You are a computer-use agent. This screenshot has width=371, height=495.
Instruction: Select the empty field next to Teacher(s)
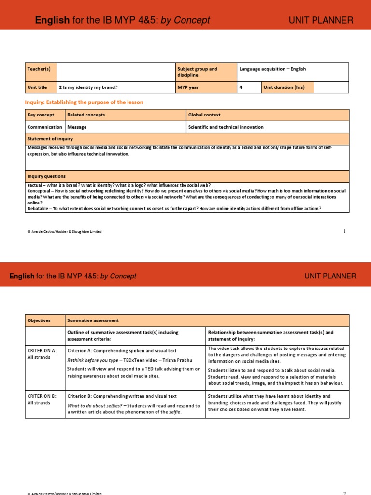click(x=116, y=72)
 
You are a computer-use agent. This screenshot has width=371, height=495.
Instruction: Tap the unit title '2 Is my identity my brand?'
click(x=88, y=87)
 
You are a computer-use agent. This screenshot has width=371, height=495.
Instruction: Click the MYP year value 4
click(x=241, y=87)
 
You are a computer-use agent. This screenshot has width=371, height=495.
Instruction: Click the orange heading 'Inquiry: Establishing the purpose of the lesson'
click(x=84, y=102)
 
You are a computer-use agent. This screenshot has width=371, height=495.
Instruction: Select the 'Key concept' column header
click(x=41, y=115)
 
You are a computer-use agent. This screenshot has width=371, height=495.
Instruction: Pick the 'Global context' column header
click(x=205, y=115)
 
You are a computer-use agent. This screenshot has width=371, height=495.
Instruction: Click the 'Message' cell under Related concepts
click(x=77, y=127)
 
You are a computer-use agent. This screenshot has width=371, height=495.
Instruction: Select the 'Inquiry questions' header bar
click(x=47, y=176)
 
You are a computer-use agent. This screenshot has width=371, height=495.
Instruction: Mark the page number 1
click(x=344, y=231)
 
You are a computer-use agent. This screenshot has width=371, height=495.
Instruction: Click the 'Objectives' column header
click(x=39, y=320)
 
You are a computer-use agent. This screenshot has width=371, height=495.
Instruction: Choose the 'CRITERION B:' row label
click(x=42, y=396)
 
